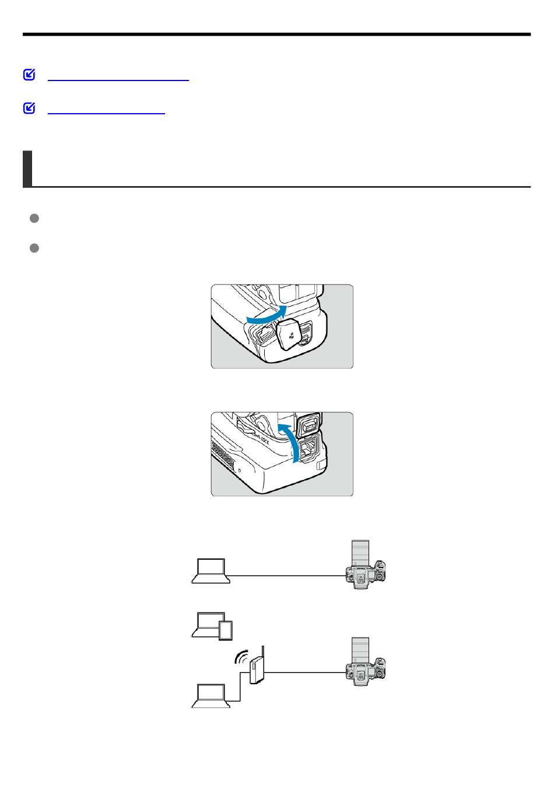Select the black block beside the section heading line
(27, 169)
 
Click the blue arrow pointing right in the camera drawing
(265, 314)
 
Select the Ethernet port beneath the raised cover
(308, 447)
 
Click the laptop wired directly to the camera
(211, 570)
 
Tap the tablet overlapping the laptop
(225, 630)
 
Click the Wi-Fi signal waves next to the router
(240, 658)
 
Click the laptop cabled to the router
(211, 696)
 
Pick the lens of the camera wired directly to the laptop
(360, 551)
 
